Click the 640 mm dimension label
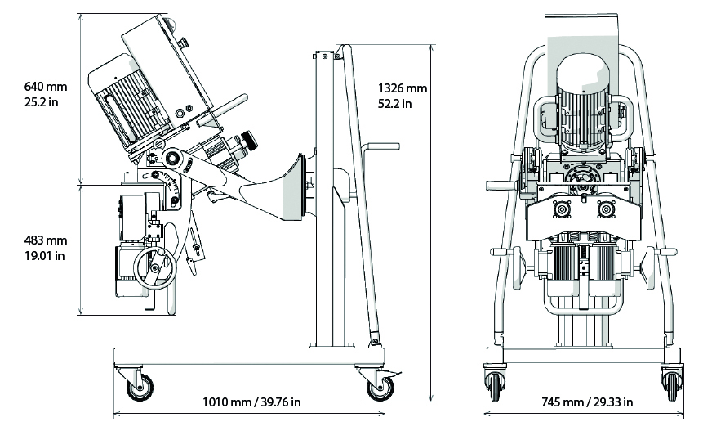tap(47, 87)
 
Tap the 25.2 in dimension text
tap(42, 102)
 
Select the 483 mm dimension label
tap(47, 240)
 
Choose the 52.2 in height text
tap(395, 104)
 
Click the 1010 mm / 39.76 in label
tap(251, 402)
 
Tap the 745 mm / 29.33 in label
tap(586, 402)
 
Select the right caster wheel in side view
tap(379, 387)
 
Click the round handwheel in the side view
tap(154, 269)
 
